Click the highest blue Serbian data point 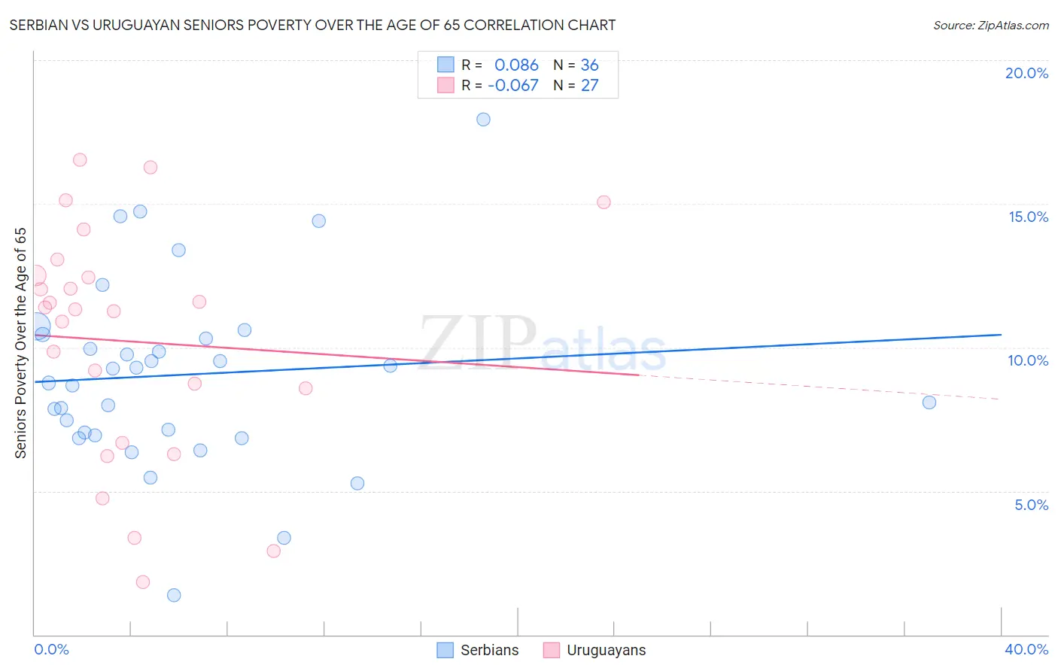pyautogui.click(x=483, y=120)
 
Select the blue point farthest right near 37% pyautogui.click(x=929, y=402)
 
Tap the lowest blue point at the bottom pyautogui.click(x=174, y=595)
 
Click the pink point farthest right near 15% pyautogui.click(x=603, y=202)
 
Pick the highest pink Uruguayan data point pyautogui.click(x=80, y=160)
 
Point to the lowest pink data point pyautogui.click(x=143, y=582)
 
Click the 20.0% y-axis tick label pyautogui.click(x=1026, y=73)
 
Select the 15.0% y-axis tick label pyautogui.click(x=1028, y=217)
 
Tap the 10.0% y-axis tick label pyautogui.click(x=1028, y=360)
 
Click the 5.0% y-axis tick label pyautogui.click(x=1031, y=505)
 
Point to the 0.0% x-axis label pyautogui.click(x=52, y=649)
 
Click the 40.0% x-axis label pyautogui.click(x=1026, y=649)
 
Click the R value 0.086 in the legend pyautogui.click(x=516, y=65)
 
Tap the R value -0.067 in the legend pyautogui.click(x=513, y=86)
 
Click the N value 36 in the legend pyautogui.click(x=589, y=65)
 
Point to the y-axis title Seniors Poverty pyautogui.click(x=20, y=342)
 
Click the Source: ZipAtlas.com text pyautogui.click(x=990, y=26)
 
